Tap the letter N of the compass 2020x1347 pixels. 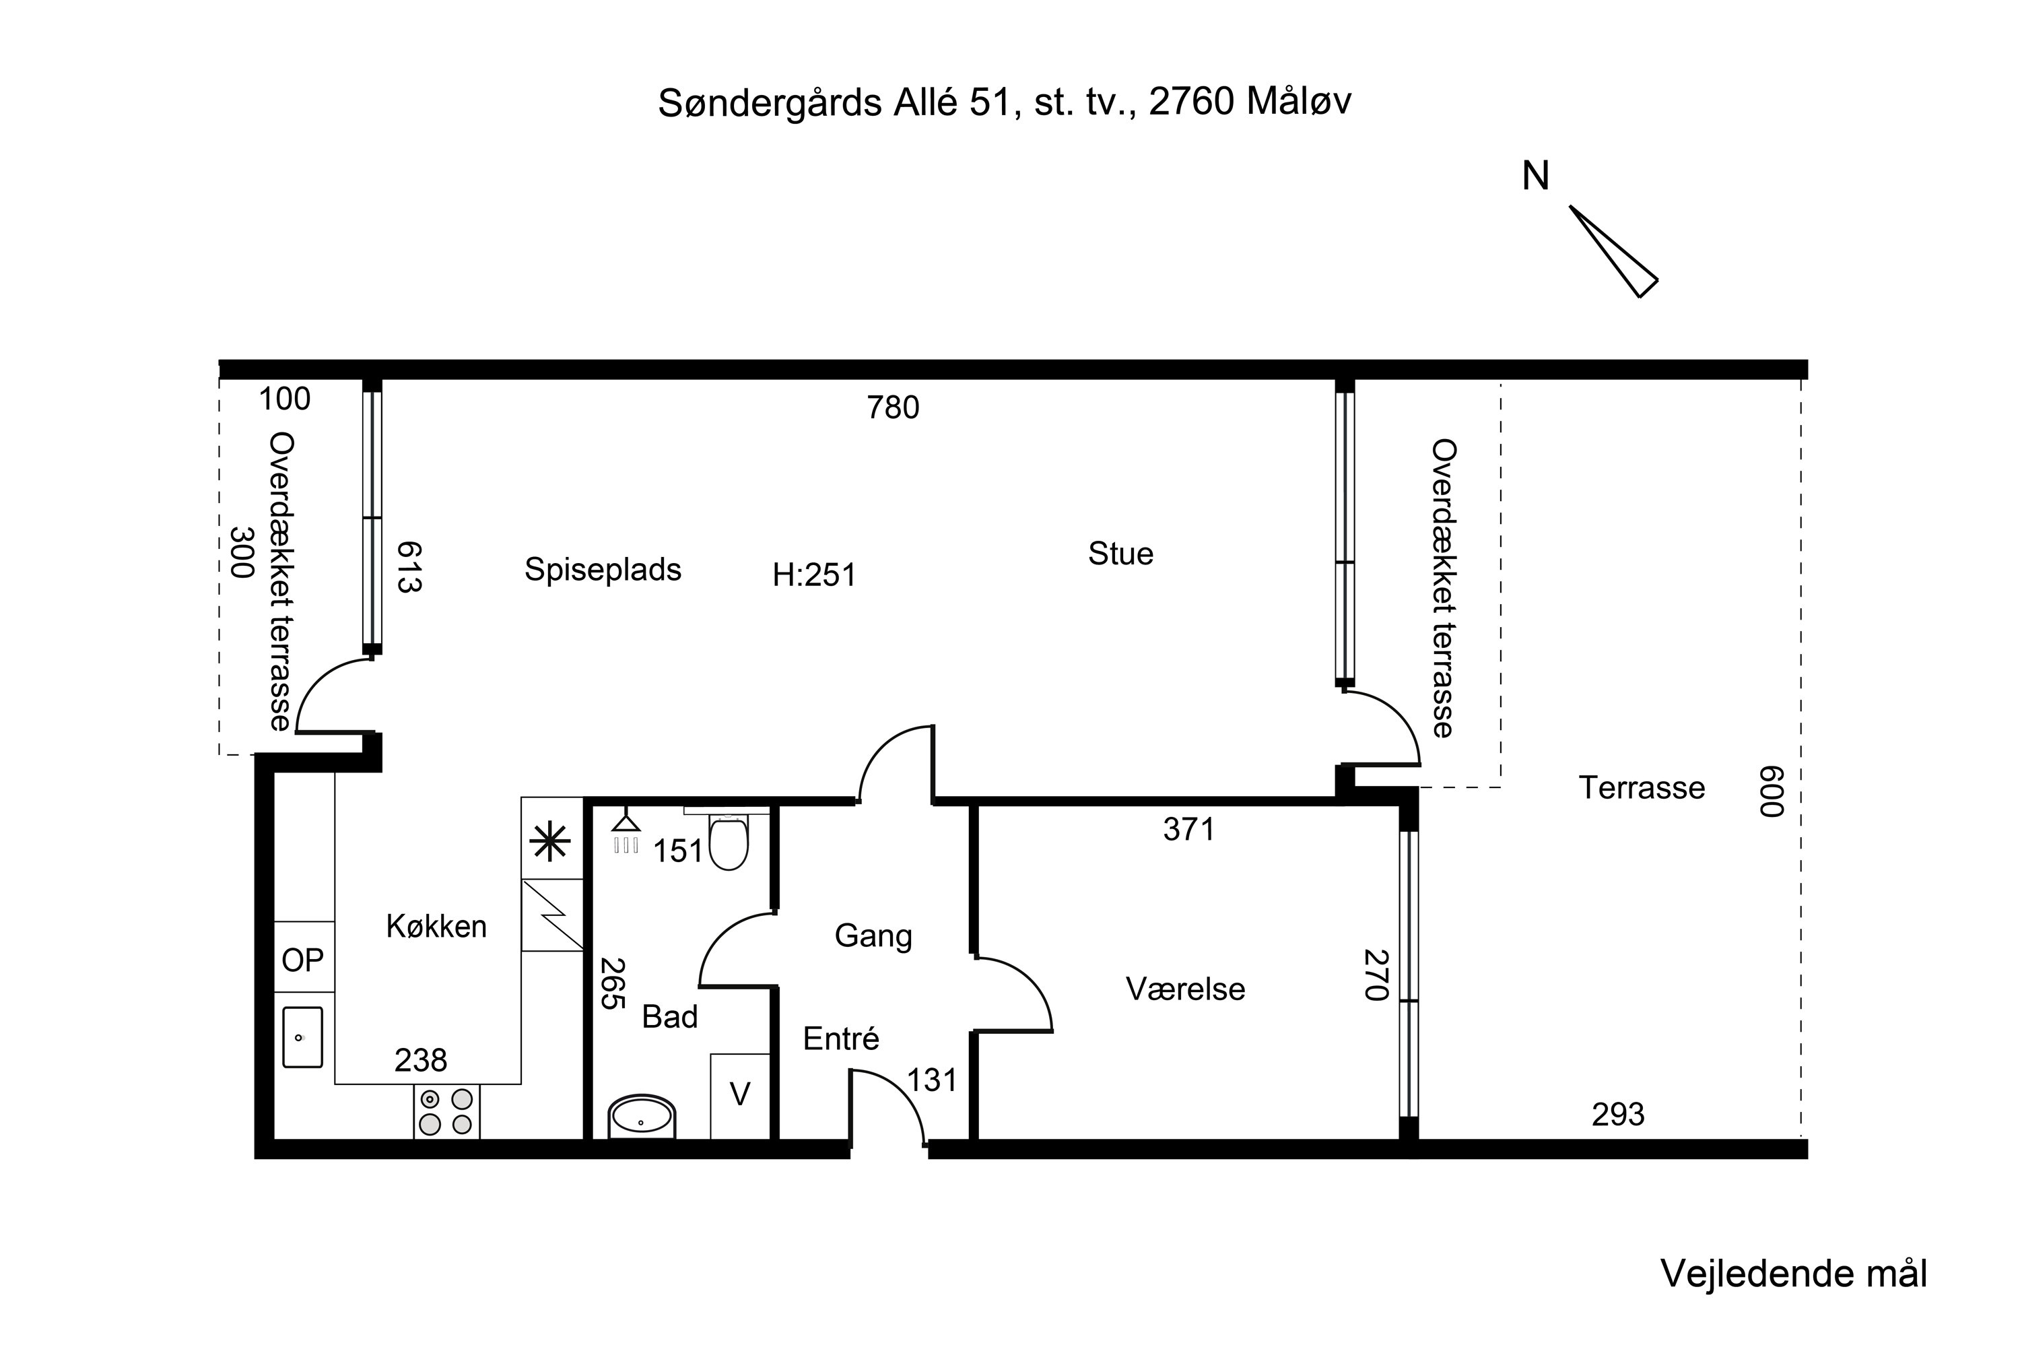pos(1536,176)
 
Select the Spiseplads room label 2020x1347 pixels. pos(603,570)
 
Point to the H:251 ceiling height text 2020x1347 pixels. pos(814,574)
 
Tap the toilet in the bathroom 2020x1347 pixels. pos(729,841)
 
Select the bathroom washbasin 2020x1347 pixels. pos(642,1117)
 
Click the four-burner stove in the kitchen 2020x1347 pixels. pos(446,1112)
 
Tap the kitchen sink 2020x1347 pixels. pos(302,1038)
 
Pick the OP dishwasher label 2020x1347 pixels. pos(303,960)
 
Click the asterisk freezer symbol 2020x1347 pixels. pos(551,842)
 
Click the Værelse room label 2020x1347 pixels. pos(1185,989)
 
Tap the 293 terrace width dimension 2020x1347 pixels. pos(1618,1114)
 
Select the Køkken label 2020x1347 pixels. pos(436,926)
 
